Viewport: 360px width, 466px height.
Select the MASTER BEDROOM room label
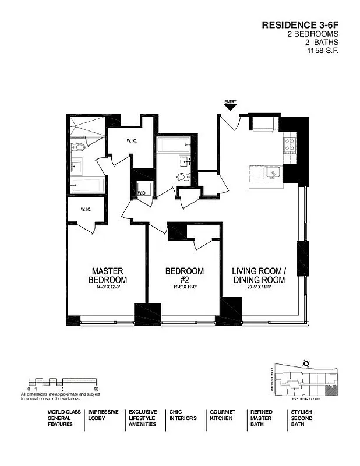108,275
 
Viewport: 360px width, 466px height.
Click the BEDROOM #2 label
185,275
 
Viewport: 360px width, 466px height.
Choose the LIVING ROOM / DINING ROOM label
259,275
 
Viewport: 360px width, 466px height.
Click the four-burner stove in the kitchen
290,144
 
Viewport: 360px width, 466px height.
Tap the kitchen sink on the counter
271,173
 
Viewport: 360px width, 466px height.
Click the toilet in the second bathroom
182,178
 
